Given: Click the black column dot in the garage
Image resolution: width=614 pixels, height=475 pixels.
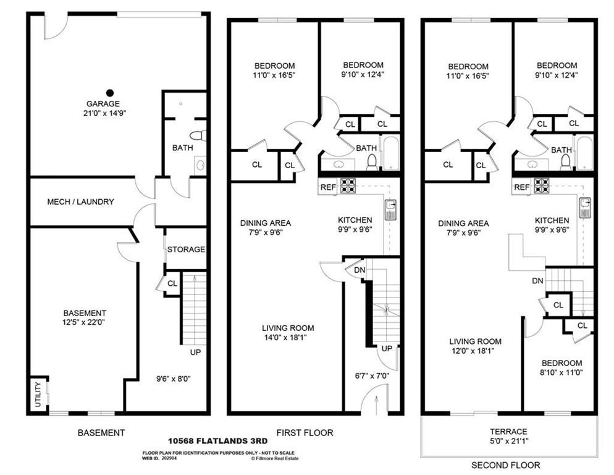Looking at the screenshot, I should [109, 92].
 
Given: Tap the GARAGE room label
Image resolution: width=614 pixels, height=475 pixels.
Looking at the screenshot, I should [103, 104].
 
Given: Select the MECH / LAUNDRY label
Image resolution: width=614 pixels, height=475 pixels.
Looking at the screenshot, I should [80, 202].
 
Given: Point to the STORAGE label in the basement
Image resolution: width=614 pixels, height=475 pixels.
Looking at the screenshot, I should [186, 249].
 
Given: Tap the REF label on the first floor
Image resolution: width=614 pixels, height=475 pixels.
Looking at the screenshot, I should [327, 187].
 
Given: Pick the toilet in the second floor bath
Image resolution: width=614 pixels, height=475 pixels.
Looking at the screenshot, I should [566, 161].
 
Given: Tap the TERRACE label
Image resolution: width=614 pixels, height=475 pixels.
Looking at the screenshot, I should [509, 431].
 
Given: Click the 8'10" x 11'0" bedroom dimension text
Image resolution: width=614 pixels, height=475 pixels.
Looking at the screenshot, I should [561, 372].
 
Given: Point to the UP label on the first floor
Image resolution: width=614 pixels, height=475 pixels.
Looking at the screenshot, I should [387, 349].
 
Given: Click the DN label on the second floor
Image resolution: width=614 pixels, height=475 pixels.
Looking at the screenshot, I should [537, 280].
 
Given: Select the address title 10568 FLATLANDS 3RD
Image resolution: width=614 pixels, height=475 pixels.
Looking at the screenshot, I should [217, 441].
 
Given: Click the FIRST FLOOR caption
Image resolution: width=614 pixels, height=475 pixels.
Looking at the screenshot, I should [313, 432].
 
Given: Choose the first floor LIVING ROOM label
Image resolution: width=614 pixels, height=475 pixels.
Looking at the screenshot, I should [288, 328].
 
